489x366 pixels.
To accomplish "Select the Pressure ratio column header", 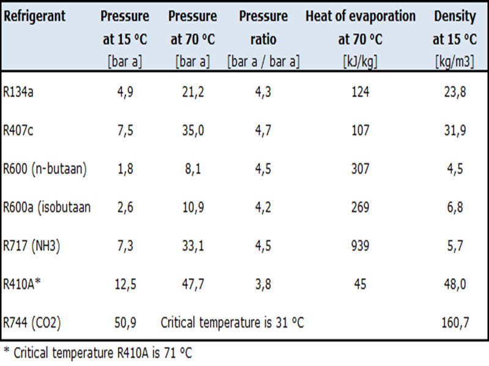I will [263, 28].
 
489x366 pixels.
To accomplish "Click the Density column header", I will [455, 16].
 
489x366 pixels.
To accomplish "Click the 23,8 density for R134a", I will [454, 91].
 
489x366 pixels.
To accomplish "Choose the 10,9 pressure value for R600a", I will [193, 207].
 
